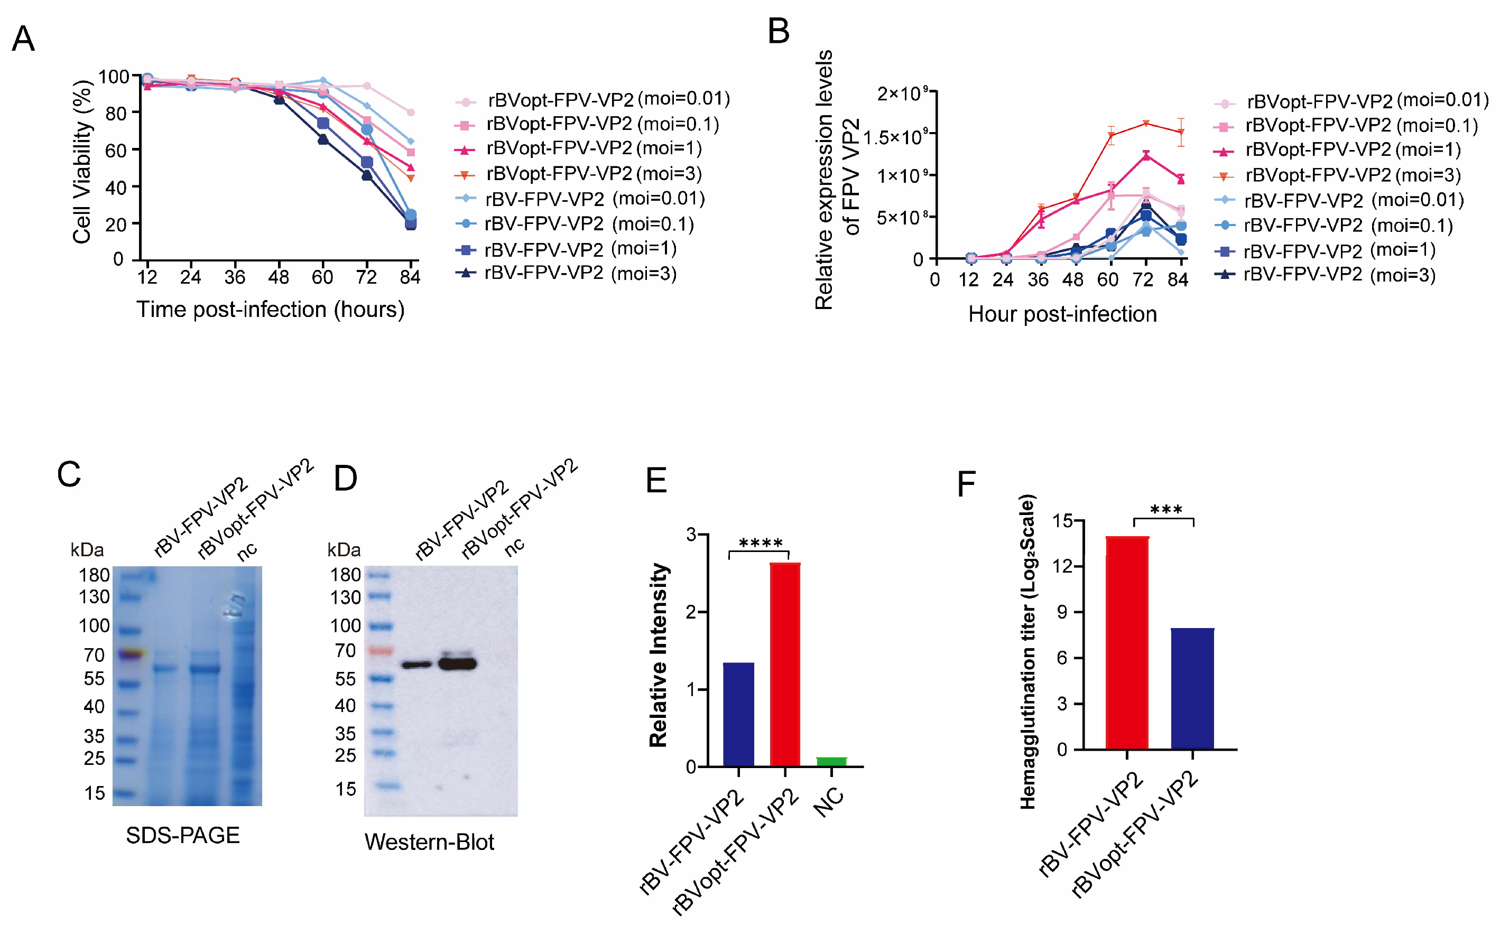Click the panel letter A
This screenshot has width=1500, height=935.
[x=23, y=39]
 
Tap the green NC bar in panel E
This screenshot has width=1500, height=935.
[x=831, y=761]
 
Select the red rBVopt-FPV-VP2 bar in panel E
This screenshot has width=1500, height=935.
[x=785, y=665]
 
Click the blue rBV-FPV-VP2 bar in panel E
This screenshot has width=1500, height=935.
[x=738, y=714]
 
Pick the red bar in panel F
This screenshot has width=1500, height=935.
[x=1126, y=643]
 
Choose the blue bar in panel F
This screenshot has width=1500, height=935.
[x=1192, y=689]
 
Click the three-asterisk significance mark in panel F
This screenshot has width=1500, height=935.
[x=1165, y=510]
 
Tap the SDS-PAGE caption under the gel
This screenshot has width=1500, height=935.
[x=182, y=836]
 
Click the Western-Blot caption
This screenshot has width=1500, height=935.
[x=429, y=842]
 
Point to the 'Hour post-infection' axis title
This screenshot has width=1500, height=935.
[x=1062, y=314]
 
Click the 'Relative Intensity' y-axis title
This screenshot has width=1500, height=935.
[x=658, y=656]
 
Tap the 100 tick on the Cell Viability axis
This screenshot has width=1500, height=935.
[x=113, y=77]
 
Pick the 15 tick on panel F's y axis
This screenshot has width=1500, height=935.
[x=1063, y=521]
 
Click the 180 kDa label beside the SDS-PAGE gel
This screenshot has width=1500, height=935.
[x=94, y=575]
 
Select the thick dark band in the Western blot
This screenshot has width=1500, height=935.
[x=458, y=664]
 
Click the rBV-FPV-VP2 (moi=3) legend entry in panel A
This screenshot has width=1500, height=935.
[x=580, y=273]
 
